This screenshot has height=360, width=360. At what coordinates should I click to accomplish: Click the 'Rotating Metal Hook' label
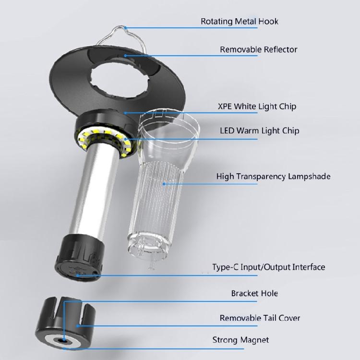pos(239,21)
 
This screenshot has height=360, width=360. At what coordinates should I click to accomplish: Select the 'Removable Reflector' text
pos(258,49)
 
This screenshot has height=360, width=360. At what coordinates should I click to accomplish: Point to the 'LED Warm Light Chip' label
pos(259,131)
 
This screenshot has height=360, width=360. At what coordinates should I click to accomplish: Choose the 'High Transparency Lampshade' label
pos(273,177)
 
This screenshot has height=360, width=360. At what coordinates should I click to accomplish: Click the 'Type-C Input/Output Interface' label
pos(268,267)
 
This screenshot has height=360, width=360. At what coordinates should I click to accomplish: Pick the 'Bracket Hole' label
pos(254,293)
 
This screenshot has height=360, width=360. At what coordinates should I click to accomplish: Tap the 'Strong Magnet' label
pos(240,340)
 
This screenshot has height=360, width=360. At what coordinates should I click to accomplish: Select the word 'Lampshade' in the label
pos(309,177)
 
